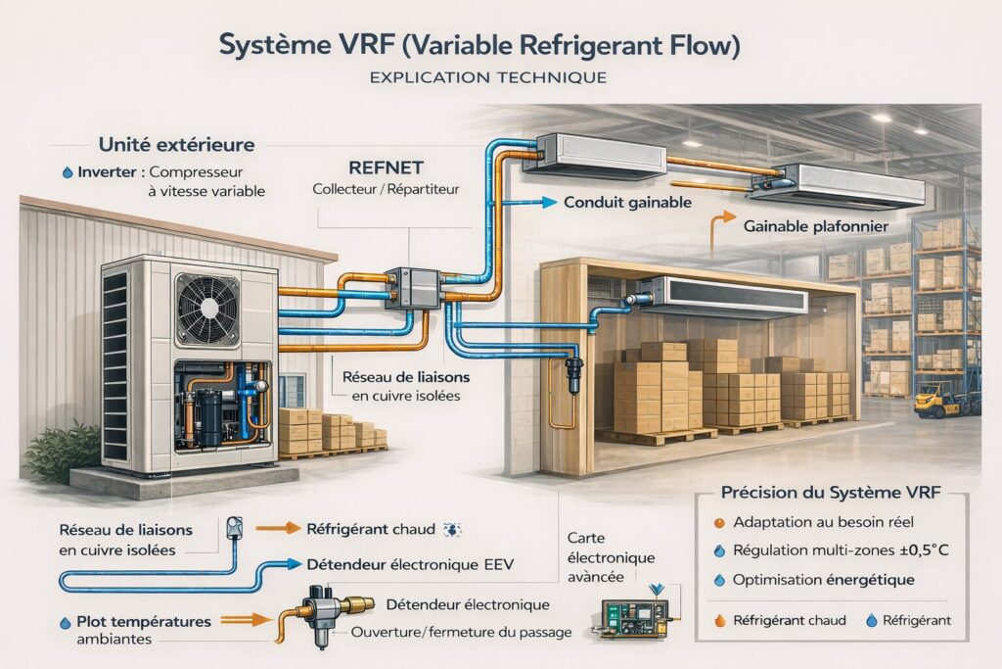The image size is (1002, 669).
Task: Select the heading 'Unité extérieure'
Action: [177, 145]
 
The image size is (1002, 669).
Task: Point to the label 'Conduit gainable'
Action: [628, 202]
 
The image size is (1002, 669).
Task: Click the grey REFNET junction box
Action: [412, 288]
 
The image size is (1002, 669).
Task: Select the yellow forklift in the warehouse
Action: [938, 399]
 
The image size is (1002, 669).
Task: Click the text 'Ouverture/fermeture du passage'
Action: [460, 633]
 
